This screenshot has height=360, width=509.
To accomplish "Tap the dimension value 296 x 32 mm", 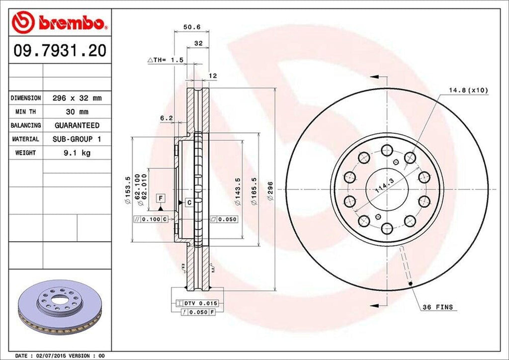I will click(x=77, y=98).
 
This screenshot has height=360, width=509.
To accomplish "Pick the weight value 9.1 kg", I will click(x=77, y=153).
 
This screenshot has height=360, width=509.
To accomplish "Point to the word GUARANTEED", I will click(x=77, y=125).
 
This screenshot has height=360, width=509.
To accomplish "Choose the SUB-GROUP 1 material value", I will click(x=77, y=139).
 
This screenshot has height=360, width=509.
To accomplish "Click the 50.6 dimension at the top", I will click(x=191, y=27).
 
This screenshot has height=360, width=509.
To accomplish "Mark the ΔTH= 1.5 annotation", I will click(x=166, y=60).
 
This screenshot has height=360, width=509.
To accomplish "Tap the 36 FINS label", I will click(x=437, y=307).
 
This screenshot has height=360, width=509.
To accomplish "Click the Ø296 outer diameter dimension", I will click(x=270, y=192).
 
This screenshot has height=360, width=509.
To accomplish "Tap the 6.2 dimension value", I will click(x=167, y=118).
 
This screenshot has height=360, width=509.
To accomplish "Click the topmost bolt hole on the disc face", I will click(x=386, y=150).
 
